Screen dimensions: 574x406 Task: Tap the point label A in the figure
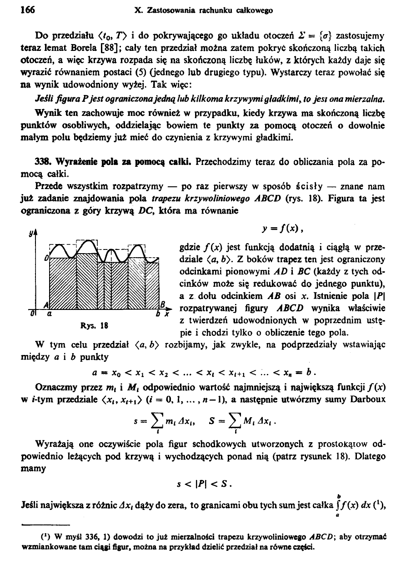45,304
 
